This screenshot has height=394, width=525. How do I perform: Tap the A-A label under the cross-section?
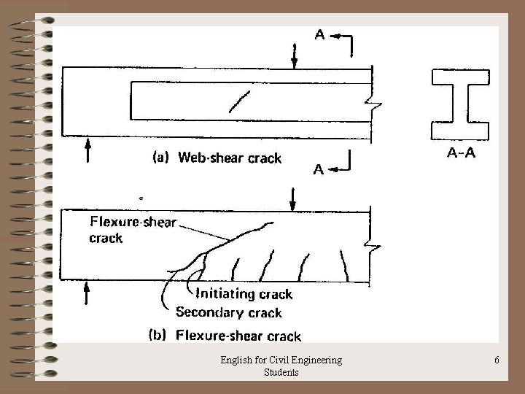(x=462, y=153)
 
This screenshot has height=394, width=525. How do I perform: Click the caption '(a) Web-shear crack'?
(x=216, y=158)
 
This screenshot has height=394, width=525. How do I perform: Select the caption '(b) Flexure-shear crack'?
(x=225, y=336)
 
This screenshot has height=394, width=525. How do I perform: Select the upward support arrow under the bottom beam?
(x=88, y=292)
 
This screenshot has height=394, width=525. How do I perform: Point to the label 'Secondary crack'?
(x=229, y=312)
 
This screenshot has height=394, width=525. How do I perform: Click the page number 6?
(x=496, y=360)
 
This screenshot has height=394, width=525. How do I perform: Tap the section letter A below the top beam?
(x=319, y=170)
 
